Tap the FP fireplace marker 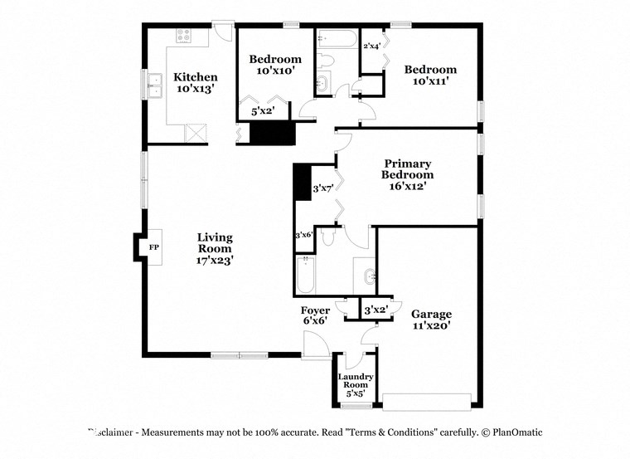click(153, 247)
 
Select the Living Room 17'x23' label click(215, 248)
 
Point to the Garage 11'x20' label click(431, 320)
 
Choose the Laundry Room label click(356, 385)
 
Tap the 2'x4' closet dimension click(371, 46)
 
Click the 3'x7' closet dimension click(322, 189)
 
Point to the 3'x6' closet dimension click(304, 235)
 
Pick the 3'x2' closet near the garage click(376, 310)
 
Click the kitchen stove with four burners click(183, 36)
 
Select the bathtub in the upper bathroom click(337, 38)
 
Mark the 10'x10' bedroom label click(275, 65)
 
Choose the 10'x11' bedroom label click(430, 76)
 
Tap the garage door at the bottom click(427, 402)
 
